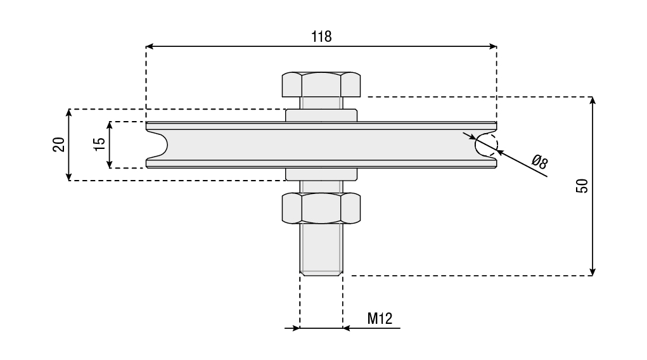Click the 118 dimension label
(x=321, y=37)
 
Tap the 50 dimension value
(x=582, y=186)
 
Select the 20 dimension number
(x=59, y=145)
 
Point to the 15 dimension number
(x=99, y=144)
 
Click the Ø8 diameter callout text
(x=539, y=162)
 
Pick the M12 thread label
(x=380, y=318)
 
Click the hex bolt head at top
(x=321, y=85)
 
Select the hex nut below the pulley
(x=321, y=208)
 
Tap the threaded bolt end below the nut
(x=321, y=249)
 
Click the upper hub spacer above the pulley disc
(x=321, y=115)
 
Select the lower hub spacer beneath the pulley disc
(x=321, y=174)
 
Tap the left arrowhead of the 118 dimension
(x=150, y=46)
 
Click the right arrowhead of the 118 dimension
(x=492, y=46)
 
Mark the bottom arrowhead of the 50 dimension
(x=593, y=271)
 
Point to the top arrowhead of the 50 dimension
(x=593, y=101)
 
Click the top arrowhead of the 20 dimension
(x=69, y=113)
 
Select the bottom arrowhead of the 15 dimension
(x=110, y=164)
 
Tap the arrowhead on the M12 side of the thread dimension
(x=347, y=328)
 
